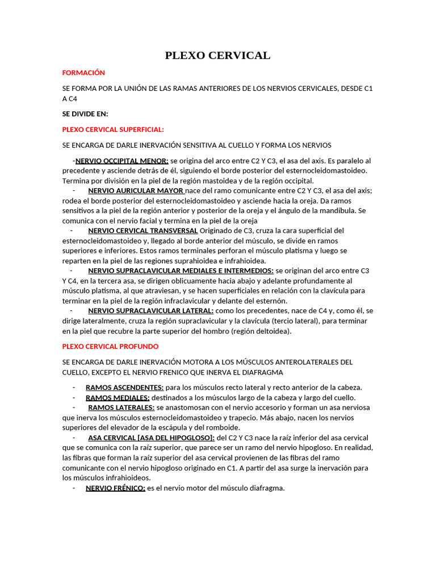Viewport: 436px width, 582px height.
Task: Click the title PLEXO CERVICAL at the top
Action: pos(217,55)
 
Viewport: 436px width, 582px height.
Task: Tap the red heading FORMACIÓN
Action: pos(83,73)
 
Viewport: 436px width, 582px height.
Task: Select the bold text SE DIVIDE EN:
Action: pos(85,114)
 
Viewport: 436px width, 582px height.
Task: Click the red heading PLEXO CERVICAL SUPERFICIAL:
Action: pos(113,130)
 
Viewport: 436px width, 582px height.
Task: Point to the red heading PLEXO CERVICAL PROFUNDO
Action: pos(110,346)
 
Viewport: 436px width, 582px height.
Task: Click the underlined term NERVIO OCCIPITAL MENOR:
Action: pos(121,161)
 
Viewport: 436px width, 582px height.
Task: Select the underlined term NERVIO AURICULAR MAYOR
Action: pos(136,190)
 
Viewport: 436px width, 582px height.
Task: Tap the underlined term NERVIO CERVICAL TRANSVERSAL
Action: pos(143,230)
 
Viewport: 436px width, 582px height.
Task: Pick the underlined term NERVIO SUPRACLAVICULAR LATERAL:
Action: pos(151,310)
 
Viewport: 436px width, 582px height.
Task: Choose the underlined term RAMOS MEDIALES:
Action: pos(118,397)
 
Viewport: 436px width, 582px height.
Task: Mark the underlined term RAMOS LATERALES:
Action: pos(121,408)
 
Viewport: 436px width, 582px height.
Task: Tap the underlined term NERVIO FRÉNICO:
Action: pos(115,488)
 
